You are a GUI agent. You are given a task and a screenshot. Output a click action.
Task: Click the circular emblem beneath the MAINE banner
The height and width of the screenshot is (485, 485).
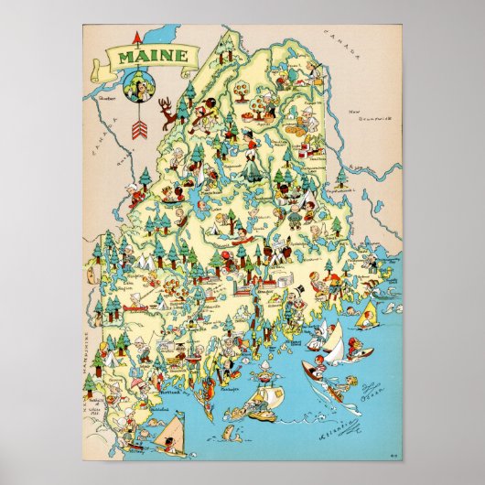(139, 87)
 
